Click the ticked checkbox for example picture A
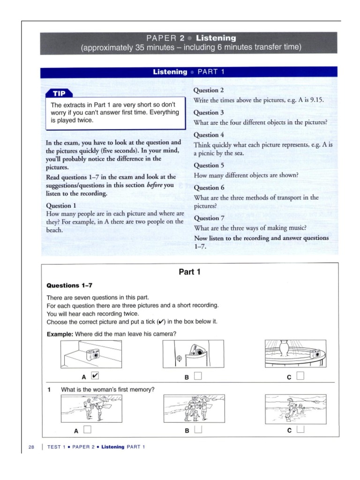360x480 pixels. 95,375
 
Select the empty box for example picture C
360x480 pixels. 300,375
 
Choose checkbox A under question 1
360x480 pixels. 87,429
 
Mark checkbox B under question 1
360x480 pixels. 198,429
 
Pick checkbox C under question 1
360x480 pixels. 300,429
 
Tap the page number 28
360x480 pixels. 31,447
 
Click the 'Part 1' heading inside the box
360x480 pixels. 190,272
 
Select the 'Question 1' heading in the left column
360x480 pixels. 61,205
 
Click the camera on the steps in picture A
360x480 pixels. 91,355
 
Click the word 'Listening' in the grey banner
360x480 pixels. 216,38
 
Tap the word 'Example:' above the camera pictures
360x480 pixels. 60,334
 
